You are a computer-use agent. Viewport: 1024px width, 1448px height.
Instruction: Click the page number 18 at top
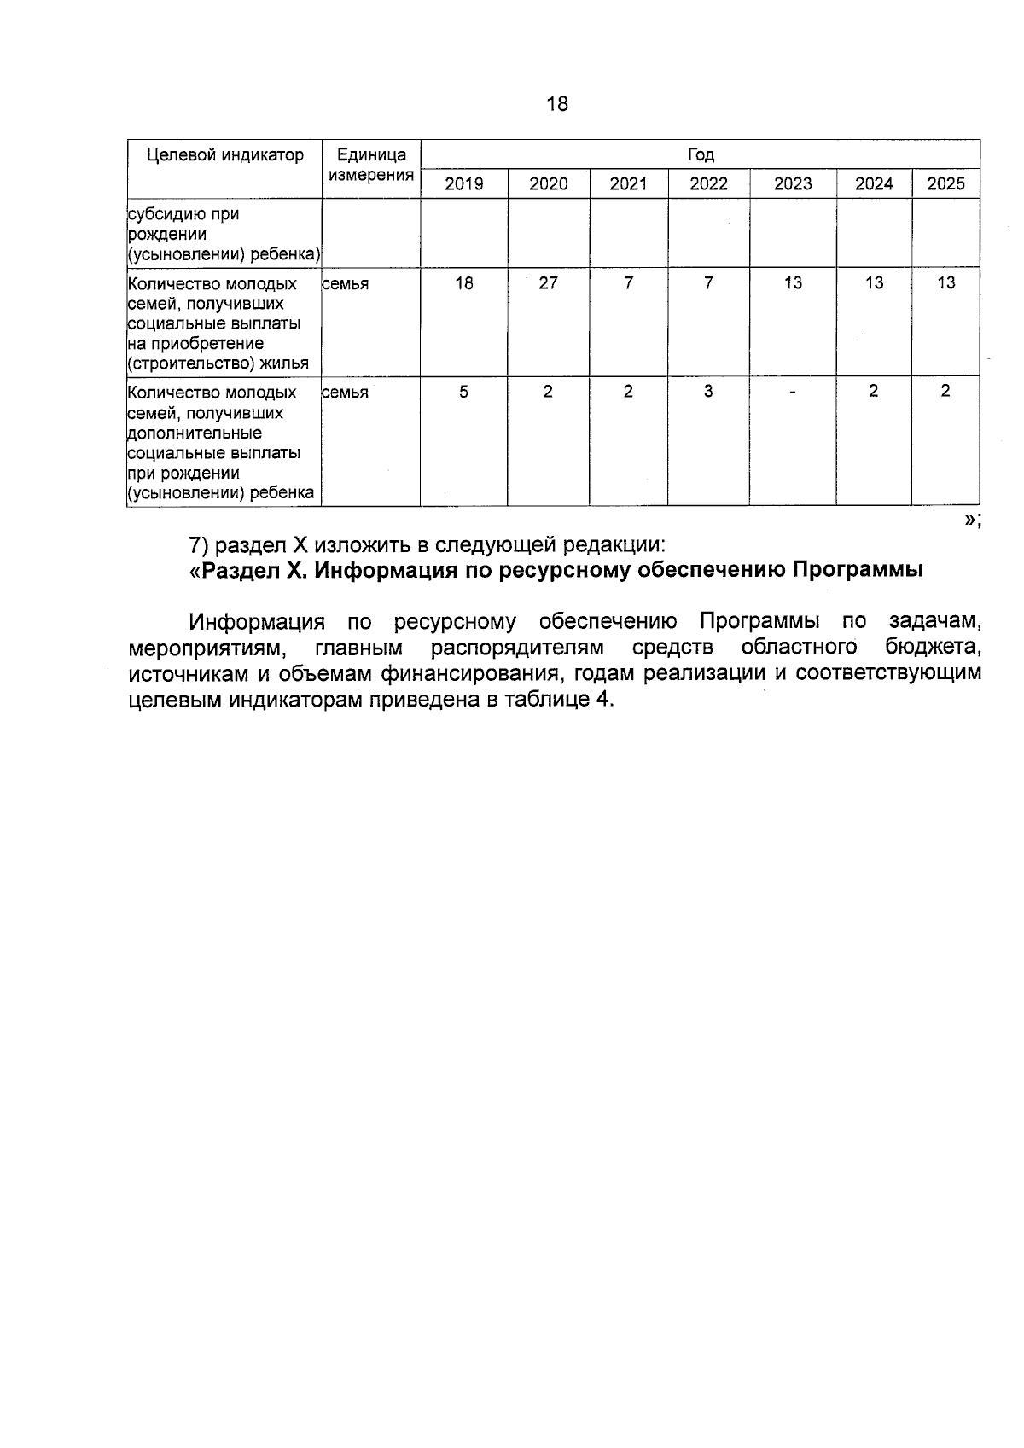556,104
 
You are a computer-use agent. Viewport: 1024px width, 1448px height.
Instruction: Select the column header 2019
463,183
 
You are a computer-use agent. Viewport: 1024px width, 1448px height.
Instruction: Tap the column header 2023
793,183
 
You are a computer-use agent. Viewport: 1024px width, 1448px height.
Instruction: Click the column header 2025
945,183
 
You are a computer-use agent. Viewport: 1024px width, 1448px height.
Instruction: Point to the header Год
701,154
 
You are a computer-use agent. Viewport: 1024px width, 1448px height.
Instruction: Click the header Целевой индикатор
225,154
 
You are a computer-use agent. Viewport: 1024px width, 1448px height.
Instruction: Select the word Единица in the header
372,154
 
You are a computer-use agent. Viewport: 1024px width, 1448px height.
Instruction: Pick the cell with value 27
548,283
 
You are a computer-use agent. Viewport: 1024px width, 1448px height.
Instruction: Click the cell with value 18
463,283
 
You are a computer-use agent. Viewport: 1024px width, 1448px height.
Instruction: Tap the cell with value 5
463,392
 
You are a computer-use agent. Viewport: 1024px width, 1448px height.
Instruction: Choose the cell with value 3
708,392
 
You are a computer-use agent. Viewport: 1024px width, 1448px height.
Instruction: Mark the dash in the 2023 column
793,393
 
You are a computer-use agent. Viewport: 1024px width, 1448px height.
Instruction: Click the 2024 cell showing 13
874,283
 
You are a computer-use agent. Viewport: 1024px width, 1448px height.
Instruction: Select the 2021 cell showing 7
628,283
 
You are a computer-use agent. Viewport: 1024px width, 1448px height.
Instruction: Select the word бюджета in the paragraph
933,648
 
